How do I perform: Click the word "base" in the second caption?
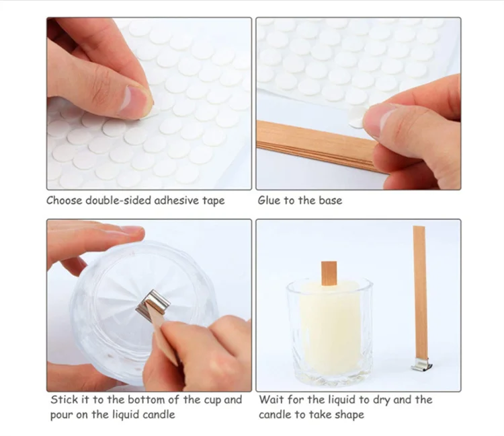pos(329,201)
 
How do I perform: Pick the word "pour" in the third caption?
pos(61,414)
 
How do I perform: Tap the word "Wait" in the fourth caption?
pos(272,400)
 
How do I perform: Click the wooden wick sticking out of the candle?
pos(329,272)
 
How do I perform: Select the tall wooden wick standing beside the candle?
pos(420,289)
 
